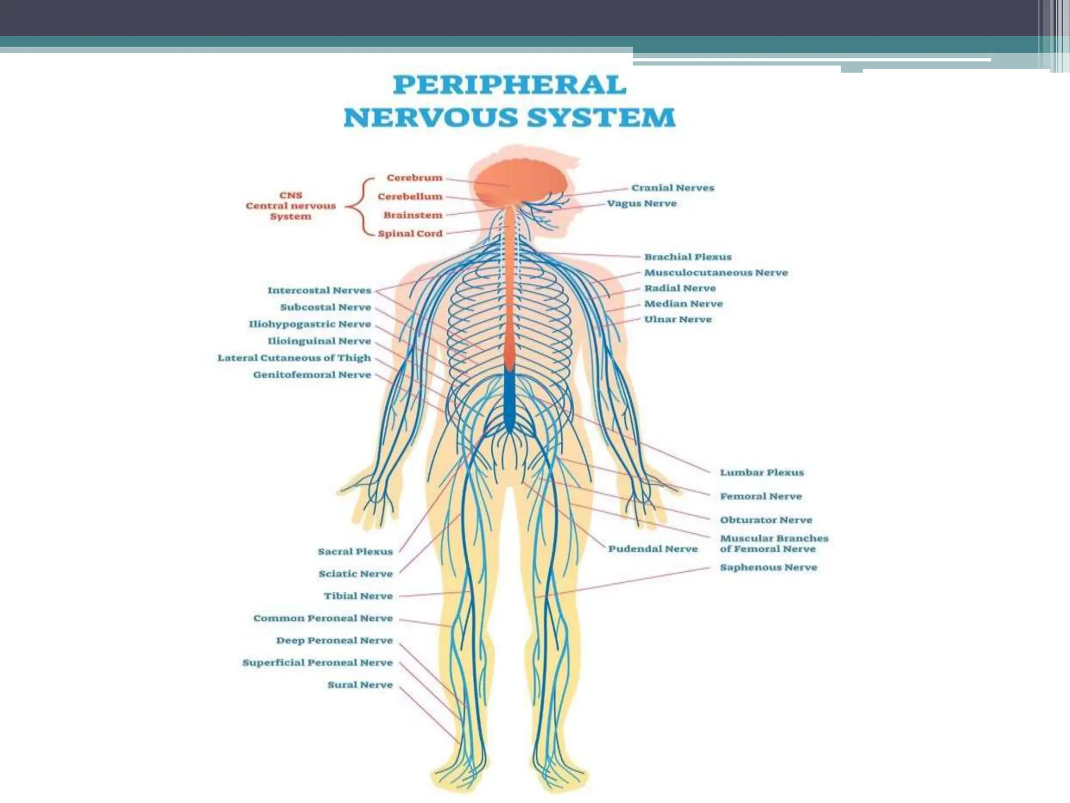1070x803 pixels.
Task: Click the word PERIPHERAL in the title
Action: click(x=509, y=85)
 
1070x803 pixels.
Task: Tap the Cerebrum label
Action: click(x=414, y=178)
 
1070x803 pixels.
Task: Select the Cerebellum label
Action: click(x=410, y=197)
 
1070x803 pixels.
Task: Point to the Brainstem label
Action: click(x=413, y=215)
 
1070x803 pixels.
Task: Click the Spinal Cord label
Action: click(x=410, y=234)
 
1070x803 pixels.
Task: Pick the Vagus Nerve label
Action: click(x=642, y=203)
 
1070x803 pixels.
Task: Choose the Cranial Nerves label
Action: click(x=672, y=188)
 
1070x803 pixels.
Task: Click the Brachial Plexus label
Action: click(x=688, y=257)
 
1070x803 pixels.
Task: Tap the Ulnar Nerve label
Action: click(x=678, y=319)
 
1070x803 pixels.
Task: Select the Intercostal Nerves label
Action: click(x=319, y=290)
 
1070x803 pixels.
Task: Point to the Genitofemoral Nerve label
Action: click(x=312, y=375)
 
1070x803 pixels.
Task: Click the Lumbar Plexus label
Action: click(x=762, y=473)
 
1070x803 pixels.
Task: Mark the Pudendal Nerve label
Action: click(x=653, y=549)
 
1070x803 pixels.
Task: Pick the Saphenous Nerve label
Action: click(x=768, y=567)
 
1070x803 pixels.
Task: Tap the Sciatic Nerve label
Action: click(x=355, y=574)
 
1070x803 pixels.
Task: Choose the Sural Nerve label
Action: click(x=360, y=685)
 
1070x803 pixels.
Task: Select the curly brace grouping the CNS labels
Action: click(x=360, y=207)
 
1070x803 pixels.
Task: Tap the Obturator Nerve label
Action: click(x=766, y=520)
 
